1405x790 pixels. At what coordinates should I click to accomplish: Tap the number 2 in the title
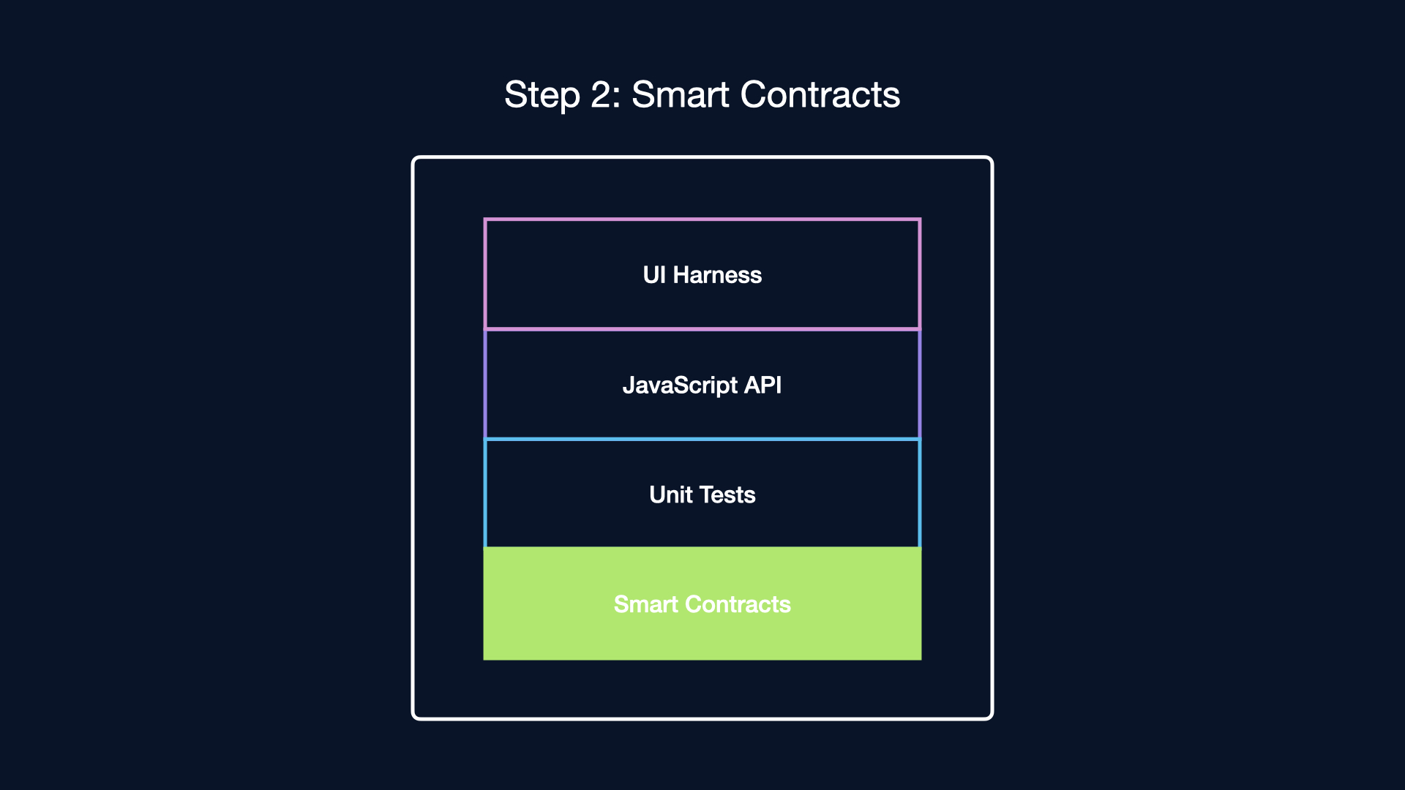pos(605,95)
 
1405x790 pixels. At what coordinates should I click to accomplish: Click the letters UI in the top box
pos(654,275)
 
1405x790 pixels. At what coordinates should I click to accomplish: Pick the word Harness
pos(717,275)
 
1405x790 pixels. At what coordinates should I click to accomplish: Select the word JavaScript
pos(680,386)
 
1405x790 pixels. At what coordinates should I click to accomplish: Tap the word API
pos(763,385)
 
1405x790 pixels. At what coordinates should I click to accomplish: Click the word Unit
pos(671,494)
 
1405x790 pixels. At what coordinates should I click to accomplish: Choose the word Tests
pos(727,494)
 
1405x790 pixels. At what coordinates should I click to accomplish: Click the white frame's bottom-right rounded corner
pos(989,716)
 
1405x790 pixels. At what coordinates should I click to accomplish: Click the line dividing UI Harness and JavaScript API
pos(702,329)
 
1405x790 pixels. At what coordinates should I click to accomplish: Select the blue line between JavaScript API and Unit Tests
pos(702,439)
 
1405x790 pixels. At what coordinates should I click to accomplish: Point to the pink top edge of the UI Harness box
pos(702,219)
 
